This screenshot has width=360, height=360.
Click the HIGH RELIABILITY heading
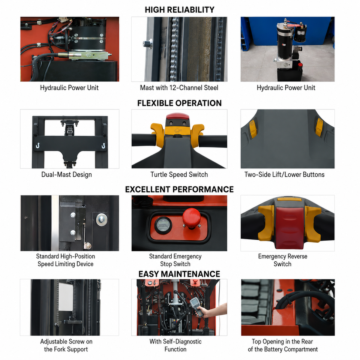pyautogui.click(x=180, y=10)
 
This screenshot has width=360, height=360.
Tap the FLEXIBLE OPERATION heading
pyautogui.click(x=180, y=103)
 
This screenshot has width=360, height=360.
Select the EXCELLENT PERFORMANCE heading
pyautogui.click(x=180, y=189)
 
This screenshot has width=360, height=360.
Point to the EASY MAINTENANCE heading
pyautogui.click(x=179, y=274)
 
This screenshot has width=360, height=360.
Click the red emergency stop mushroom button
pyautogui.click(x=192, y=218)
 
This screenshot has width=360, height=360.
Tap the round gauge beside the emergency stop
pyautogui.click(x=163, y=225)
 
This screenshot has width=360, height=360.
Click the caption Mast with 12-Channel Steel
pyautogui.click(x=179, y=88)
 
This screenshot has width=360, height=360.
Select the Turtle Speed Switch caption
pyautogui.click(x=179, y=174)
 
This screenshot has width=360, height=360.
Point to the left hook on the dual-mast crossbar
pyautogui.click(x=38, y=145)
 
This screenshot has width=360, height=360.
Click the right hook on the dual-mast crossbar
pyautogui.click(x=103, y=145)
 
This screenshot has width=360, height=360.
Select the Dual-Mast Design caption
pyautogui.click(x=67, y=174)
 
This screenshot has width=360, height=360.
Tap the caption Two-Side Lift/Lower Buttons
pyautogui.click(x=285, y=174)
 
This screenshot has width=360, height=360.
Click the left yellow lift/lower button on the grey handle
pyautogui.click(x=253, y=129)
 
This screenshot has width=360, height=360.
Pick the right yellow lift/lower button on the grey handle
pyautogui.click(x=319, y=127)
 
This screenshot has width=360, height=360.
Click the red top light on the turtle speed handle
pyautogui.click(x=178, y=116)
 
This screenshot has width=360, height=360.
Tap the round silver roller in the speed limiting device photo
pyautogui.click(x=102, y=220)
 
